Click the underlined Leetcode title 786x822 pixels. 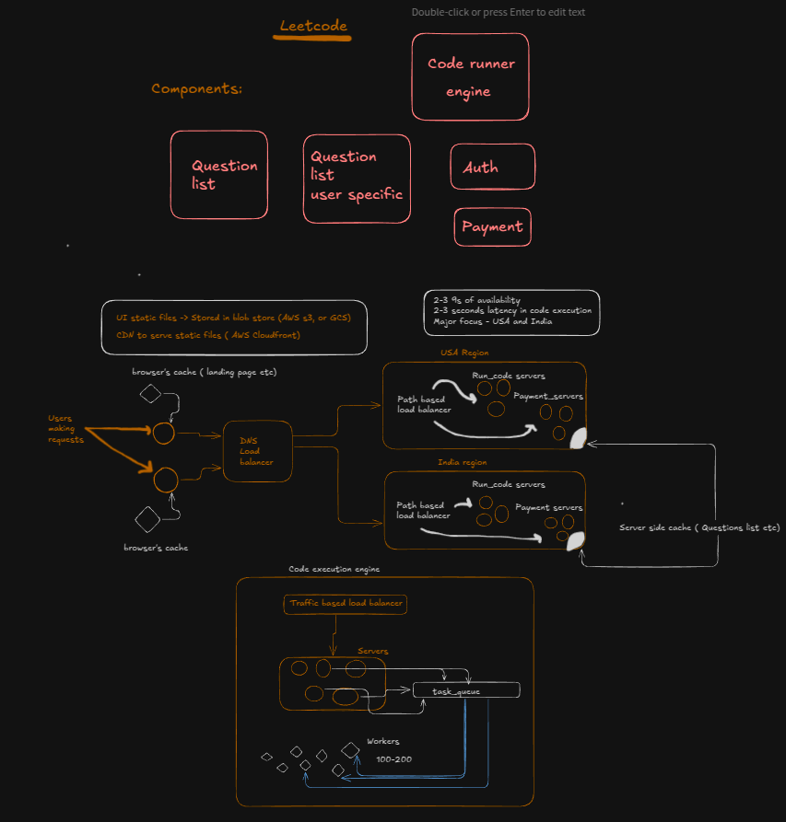pyautogui.click(x=313, y=26)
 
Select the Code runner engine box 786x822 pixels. pyautogui.click(x=470, y=77)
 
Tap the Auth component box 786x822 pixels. pyautogui.click(x=492, y=167)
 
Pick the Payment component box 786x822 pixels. pyautogui.click(x=492, y=226)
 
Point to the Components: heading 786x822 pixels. pyautogui.click(x=196, y=88)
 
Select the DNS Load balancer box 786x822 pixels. pyautogui.click(x=258, y=451)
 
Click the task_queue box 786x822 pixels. pyautogui.click(x=466, y=690)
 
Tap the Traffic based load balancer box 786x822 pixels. pyautogui.click(x=346, y=604)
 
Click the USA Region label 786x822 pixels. pyautogui.click(x=464, y=353)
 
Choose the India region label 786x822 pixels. pyautogui.click(x=462, y=462)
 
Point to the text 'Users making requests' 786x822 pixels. pyautogui.click(x=67, y=429)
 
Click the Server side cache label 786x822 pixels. pyautogui.click(x=700, y=527)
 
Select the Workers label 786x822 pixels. pyautogui.click(x=383, y=741)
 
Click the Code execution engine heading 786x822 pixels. pyautogui.click(x=334, y=569)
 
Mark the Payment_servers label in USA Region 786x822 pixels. pyautogui.click(x=548, y=396)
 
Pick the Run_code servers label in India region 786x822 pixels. pyautogui.click(x=508, y=484)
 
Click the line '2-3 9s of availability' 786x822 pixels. pyautogui.click(x=477, y=300)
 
